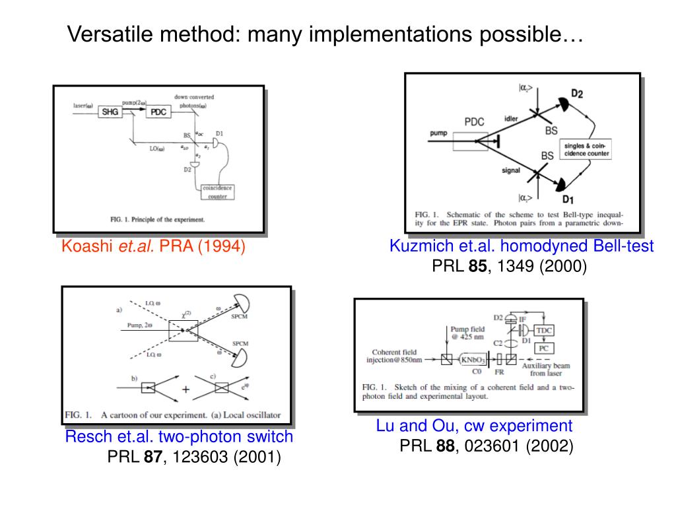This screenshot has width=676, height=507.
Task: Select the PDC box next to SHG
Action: (x=158, y=112)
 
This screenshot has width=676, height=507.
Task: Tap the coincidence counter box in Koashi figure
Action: (x=218, y=191)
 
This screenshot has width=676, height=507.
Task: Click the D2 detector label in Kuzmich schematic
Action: (x=577, y=94)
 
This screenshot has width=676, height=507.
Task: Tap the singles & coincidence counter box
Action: (x=586, y=149)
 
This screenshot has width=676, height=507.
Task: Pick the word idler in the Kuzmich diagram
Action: (x=512, y=119)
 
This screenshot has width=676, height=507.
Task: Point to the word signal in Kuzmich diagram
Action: (x=511, y=170)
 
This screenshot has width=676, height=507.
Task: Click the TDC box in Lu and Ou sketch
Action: (x=545, y=329)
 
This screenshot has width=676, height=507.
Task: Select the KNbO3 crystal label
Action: (x=475, y=360)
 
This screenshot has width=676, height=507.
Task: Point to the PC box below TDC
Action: (x=544, y=347)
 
